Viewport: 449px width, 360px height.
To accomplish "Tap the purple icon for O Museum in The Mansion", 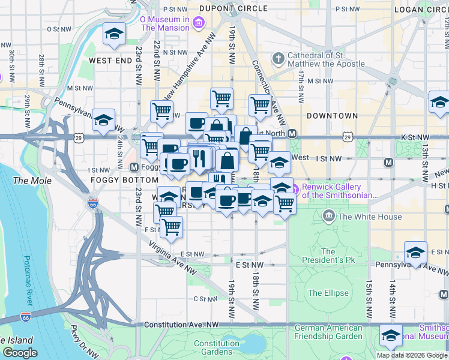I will [199, 23].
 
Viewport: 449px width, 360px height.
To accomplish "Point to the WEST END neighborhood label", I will [110, 61].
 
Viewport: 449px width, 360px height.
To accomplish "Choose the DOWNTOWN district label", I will [332, 116].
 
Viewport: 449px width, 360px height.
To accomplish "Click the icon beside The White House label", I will [329, 216].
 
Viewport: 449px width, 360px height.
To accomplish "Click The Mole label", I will [28, 181].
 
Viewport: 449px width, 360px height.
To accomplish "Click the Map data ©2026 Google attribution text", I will [412, 355].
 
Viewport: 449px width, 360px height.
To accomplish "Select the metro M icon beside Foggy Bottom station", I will [134, 167].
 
